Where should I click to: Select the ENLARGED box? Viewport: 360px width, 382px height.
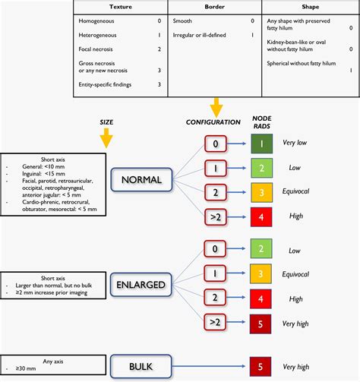click(142, 284)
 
